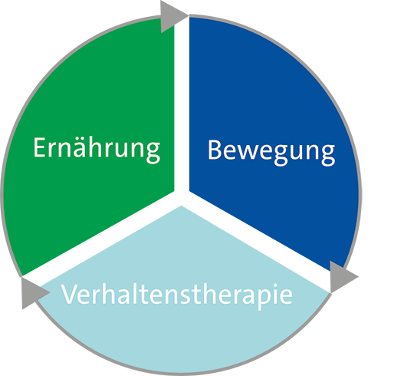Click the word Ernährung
[97, 150]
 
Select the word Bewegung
[271, 153]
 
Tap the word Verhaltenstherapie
[177, 296]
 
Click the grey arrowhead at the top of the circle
[172, 16]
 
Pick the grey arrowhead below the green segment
[34, 293]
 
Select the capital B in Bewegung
[215, 150]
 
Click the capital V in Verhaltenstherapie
[69, 293]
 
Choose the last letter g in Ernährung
[153, 152]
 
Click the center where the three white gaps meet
[182, 197]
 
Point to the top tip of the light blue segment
[182, 206]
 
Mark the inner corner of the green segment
[174, 190]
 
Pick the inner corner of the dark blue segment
[189, 190]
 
